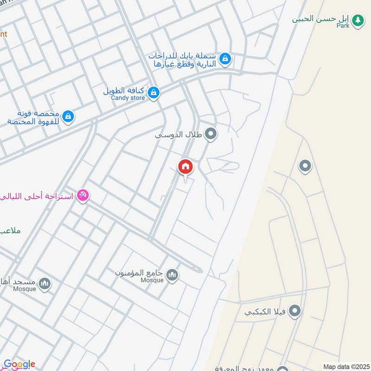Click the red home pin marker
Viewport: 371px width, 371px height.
pos(185,166)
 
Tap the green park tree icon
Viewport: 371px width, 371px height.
pos(357,20)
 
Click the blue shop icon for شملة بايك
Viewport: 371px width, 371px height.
pos(225,59)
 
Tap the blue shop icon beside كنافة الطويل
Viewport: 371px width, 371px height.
pos(154,93)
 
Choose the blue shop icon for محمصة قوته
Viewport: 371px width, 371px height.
pos(68,116)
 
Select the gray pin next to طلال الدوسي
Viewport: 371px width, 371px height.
pos(211,134)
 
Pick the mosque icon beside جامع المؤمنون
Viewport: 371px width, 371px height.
pos(173,275)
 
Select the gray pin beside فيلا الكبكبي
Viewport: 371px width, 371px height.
pos(294,311)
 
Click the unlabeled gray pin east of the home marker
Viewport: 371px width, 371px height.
pos(305,166)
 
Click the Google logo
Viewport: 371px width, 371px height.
pos(19,365)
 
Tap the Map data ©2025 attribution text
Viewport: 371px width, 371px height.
pos(345,367)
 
